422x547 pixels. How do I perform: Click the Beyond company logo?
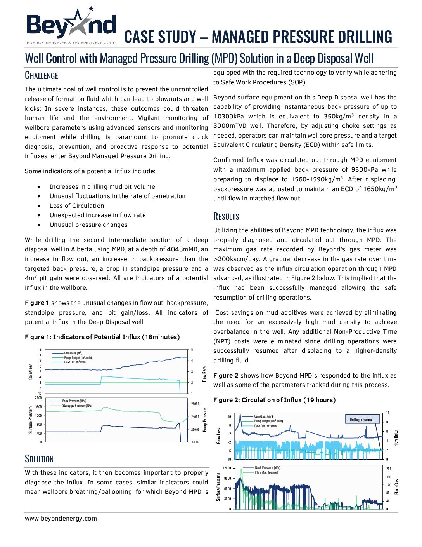pyautogui.click(x=71, y=26)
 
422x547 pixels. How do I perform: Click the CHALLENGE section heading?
pyautogui.click(x=42, y=75)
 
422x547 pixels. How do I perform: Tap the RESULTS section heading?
pyautogui.click(x=226, y=216)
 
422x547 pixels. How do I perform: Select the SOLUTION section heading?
pyautogui.click(x=39, y=459)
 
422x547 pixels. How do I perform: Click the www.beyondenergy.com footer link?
pyautogui.click(x=61, y=518)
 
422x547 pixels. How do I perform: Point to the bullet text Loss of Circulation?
pyautogui.click(x=77, y=206)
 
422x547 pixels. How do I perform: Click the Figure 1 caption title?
pyautogui.click(x=102, y=337)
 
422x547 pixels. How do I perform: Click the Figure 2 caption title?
pyautogui.click(x=274, y=400)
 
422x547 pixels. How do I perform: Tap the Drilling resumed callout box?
pyautogui.click(x=361, y=420)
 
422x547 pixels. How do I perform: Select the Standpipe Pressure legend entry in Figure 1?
pyautogui.click(x=77, y=405)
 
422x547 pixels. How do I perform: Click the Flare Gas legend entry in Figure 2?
pyautogui.click(x=266, y=472)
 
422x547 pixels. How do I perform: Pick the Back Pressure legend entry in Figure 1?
pyautogui.click(x=74, y=401)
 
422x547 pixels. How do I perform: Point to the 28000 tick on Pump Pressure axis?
pyautogui.click(x=195, y=404)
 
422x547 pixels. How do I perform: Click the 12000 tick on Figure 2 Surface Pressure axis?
pyautogui.click(x=227, y=468)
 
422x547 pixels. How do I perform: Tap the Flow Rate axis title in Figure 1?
pyautogui.click(x=204, y=374)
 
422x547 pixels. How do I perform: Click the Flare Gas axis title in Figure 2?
pyautogui.click(x=396, y=487)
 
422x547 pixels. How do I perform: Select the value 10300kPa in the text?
pyautogui.click(x=228, y=116)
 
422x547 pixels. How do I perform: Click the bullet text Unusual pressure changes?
pyautogui.click(x=88, y=225)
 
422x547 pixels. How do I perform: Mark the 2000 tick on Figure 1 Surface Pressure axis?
pyautogui.click(x=38, y=398)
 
